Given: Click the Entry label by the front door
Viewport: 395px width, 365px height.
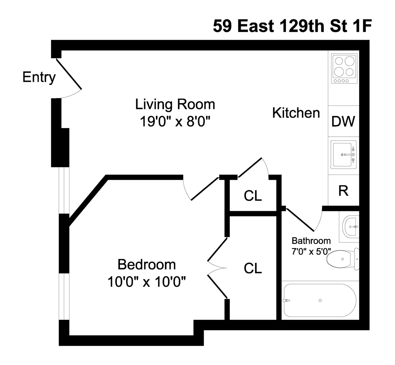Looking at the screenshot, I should [39, 77].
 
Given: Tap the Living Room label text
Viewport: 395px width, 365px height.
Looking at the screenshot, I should [175, 104].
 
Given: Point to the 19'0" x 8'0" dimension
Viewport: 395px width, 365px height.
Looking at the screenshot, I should [175, 122].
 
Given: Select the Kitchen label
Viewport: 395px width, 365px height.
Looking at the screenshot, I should [296, 113].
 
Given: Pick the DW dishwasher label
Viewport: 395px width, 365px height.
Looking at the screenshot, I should [343, 122].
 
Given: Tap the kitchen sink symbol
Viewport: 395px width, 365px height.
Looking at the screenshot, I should [344, 154].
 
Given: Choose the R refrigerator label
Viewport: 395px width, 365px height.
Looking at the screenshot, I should [343, 191].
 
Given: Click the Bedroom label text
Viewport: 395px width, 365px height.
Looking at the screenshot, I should [147, 265].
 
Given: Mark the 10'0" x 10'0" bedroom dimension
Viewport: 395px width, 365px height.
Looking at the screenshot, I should [147, 282].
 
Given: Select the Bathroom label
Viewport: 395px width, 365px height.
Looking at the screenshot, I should [311, 241].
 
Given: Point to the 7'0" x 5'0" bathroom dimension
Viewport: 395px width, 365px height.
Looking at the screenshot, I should [311, 251].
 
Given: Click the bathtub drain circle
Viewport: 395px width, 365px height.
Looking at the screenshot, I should [320, 300].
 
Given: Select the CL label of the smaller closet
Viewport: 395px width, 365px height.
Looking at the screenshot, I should [253, 196].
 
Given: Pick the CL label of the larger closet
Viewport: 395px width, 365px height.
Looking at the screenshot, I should [253, 268].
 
